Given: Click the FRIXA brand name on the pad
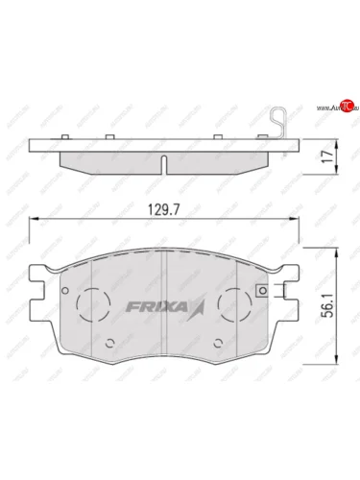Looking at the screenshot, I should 156,306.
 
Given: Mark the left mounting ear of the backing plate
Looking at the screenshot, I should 37,288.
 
